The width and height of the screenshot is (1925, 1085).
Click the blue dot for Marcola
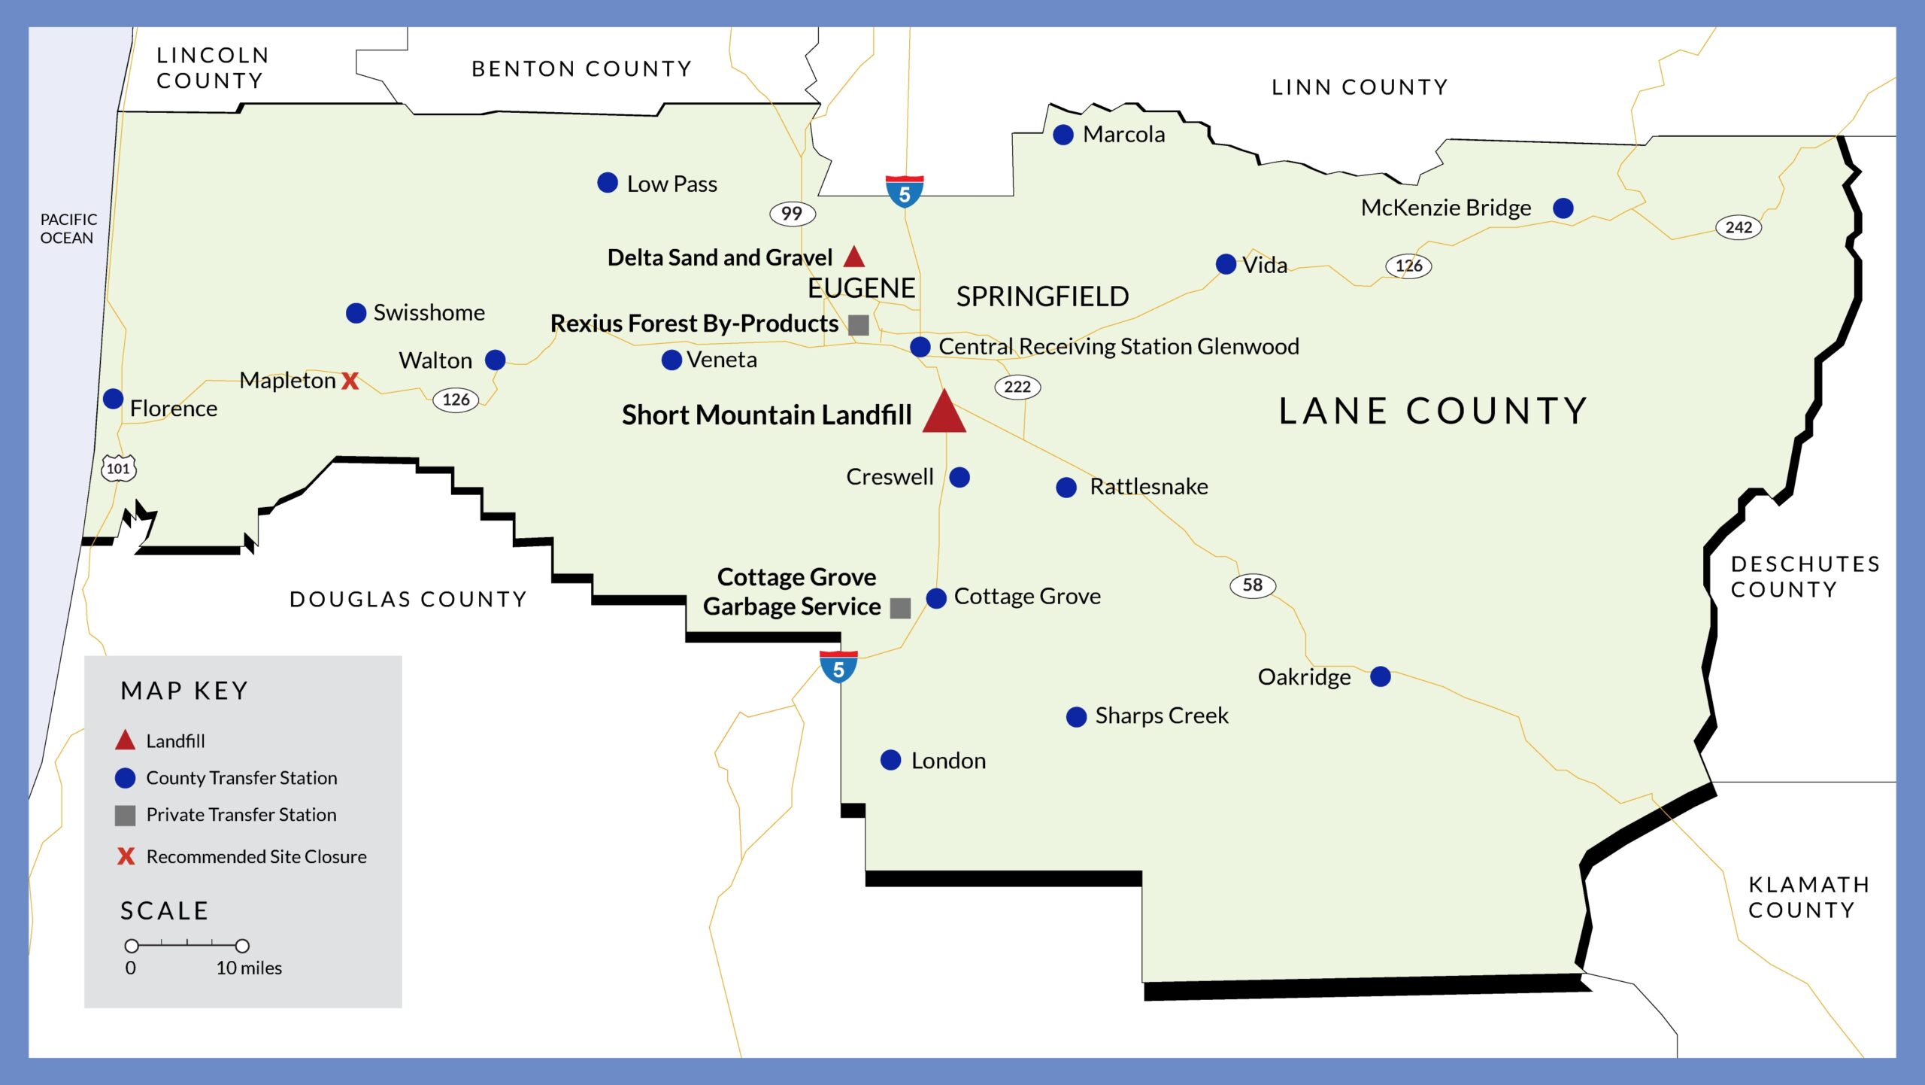coord(1063,135)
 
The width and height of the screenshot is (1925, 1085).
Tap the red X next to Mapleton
coord(350,381)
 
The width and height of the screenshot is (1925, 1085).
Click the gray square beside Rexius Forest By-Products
coord(859,325)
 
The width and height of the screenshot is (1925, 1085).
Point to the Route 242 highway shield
coord(1739,227)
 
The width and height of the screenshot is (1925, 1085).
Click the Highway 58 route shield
coord(1252,585)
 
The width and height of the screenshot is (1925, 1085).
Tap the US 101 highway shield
coord(118,468)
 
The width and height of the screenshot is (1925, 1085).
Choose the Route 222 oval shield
coord(1017,387)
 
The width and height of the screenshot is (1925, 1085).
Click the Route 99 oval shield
coord(792,214)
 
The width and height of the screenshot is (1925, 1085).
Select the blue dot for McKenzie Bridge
coord(1563,208)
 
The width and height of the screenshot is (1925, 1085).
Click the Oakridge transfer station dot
coord(1381,676)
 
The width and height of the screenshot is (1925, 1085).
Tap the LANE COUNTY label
coord(1433,412)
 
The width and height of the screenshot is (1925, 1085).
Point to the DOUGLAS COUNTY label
coord(408,599)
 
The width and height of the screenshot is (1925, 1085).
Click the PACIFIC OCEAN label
coord(68,229)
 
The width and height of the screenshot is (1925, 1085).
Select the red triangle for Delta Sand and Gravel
coord(853,257)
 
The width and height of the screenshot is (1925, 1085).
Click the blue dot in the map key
coord(125,778)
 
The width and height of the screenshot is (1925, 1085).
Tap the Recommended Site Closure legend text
coord(256,856)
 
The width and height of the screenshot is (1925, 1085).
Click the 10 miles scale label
coord(249,968)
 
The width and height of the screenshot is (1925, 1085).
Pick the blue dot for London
coord(891,760)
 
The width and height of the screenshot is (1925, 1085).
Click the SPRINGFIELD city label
coord(1042,296)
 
